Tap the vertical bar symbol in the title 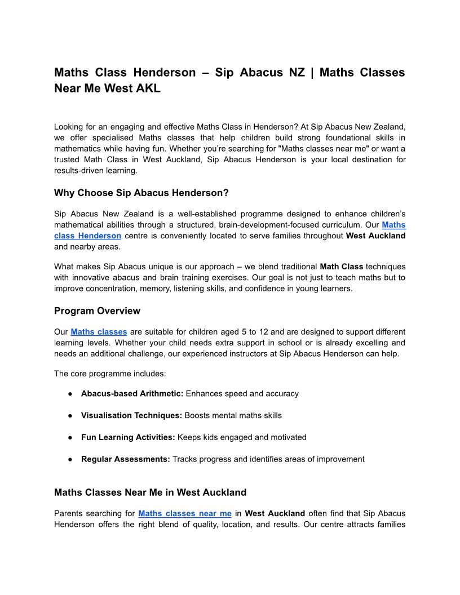pos(312,73)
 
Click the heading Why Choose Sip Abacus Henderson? pos(141,193)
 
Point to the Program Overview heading pos(97,311)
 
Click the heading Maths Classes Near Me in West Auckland pos(150,492)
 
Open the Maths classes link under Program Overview pos(99,332)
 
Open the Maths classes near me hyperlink pos(184,513)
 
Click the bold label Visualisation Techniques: pos(131,415)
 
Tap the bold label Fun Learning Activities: pos(128,437)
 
